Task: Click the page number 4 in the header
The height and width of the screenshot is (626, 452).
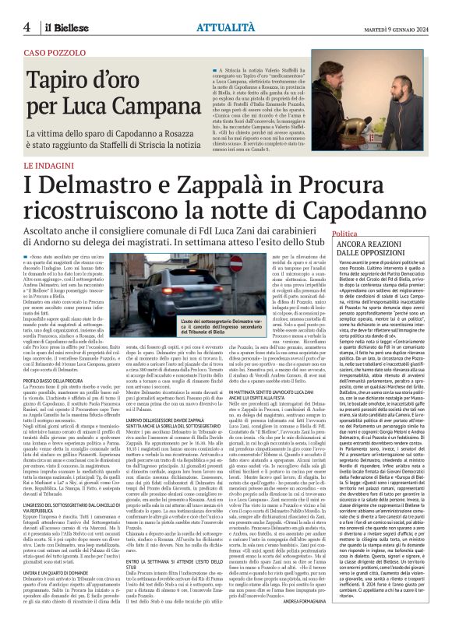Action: pos(26,26)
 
